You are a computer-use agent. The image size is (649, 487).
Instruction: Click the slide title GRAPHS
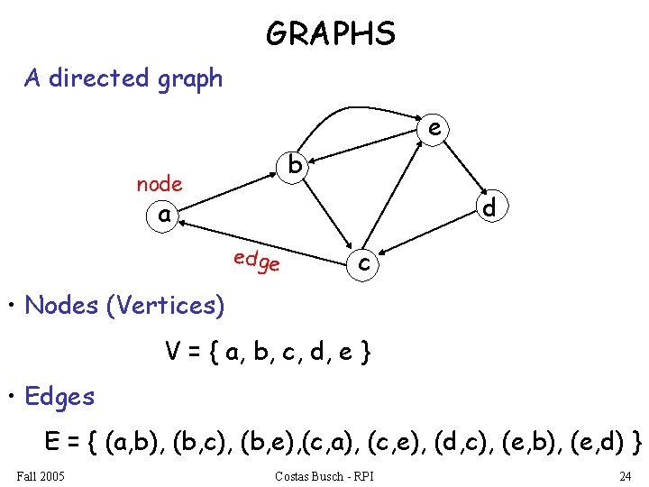click(x=331, y=34)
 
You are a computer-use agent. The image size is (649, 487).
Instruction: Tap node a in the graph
click(x=163, y=216)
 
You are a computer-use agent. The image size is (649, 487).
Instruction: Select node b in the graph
click(x=295, y=166)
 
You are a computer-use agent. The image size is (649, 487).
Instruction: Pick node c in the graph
click(x=364, y=262)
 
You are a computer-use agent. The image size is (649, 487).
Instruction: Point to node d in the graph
click(x=489, y=207)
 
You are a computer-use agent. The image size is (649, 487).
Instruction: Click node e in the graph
click(x=434, y=129)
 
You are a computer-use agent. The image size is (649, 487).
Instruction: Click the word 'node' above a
click(x=159, y=184)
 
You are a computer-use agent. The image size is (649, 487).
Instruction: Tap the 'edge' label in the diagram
click(x=256, y=262)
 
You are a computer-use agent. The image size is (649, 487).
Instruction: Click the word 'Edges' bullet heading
click(x=59, y=396)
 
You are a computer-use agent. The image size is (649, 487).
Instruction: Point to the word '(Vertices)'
click(x=165, y=306)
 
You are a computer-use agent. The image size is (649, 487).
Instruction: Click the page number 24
click(x=625, y=475)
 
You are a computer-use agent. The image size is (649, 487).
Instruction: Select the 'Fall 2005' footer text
click(x=41, y=475)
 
